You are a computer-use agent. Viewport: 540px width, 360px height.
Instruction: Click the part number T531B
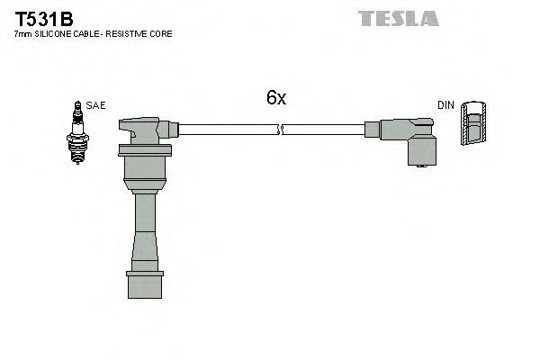click(42, 16)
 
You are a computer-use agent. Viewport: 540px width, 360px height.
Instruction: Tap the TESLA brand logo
click(398, 18)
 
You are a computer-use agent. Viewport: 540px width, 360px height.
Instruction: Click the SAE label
click(96, 105)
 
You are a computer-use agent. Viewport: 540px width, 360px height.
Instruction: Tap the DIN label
click(445, 105)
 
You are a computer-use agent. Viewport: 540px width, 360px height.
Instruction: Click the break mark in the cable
click(279, 130)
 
